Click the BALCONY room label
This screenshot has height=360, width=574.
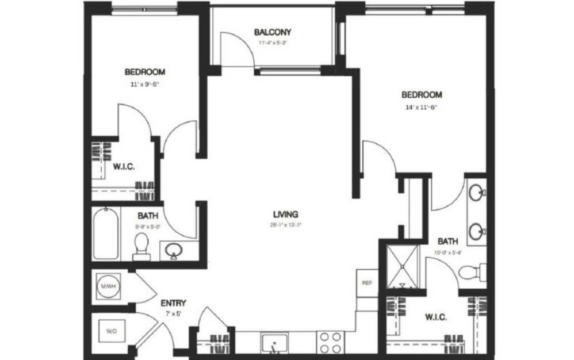tap(273, 32)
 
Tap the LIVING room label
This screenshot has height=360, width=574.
tap(285, 215)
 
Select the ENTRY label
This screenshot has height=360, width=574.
tap(173, 303)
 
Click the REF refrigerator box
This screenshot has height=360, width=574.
tap(366, 283)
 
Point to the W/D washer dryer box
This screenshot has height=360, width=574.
tap(110, 331)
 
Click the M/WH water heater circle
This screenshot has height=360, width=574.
tap(107, 286)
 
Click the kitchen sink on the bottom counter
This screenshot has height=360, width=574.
tap(275, 343)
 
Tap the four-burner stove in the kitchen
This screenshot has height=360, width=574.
tap(330, 343)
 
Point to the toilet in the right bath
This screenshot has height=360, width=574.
tap(473, 271)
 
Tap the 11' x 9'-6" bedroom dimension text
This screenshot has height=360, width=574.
tap(145, 84)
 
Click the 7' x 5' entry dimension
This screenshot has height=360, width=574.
tap(173, 314)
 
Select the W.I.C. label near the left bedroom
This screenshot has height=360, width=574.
tap(124, 167)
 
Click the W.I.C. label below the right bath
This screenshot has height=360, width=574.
tap(437, 317)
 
